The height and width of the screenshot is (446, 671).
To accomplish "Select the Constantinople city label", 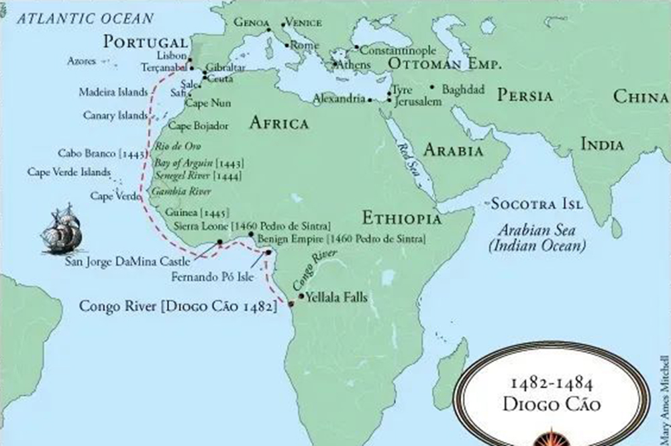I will pyautogui.click(x=398, y=50).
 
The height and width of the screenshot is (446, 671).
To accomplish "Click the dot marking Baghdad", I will pyautogui.click(x=433, y=87).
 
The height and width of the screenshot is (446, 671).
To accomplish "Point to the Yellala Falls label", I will pyautogui.click(x=336, y=298).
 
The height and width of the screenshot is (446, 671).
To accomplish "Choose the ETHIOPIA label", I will pyautogui.click(x=401, y=219).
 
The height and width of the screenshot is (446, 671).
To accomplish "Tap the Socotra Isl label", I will pyautogui.click(x=537, y=203).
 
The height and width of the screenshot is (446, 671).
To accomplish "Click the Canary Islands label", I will pyautogui.click(x=115, y=115).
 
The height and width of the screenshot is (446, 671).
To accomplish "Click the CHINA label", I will pyautogui.click(x=641, y=97).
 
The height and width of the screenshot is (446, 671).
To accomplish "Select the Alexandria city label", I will pyautogui.click(x=339, y=99).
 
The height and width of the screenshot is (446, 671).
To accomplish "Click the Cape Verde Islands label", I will pyautogui.click(x=68, y=172).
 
